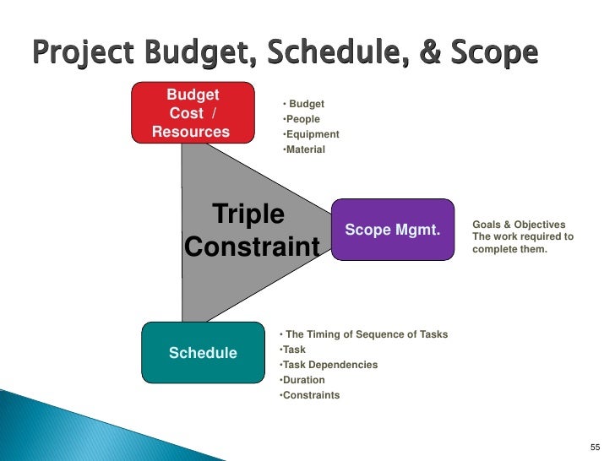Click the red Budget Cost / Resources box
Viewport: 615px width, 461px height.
pos(193,111)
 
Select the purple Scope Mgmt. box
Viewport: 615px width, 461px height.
pos(393,229)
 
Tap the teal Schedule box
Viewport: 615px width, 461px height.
pos(203,352)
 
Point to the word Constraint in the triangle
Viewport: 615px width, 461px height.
pos(252,247)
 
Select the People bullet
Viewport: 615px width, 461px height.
pos(302,119)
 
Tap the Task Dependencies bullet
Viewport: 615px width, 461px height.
pos(329,365)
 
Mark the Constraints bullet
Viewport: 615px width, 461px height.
pos(310,395)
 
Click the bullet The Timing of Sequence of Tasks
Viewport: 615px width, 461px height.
pos(365,334)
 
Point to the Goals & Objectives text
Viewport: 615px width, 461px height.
pos(519,225)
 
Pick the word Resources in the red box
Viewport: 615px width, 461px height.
pos(191,131)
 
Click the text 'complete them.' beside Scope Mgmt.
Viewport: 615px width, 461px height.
pos(509,249)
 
